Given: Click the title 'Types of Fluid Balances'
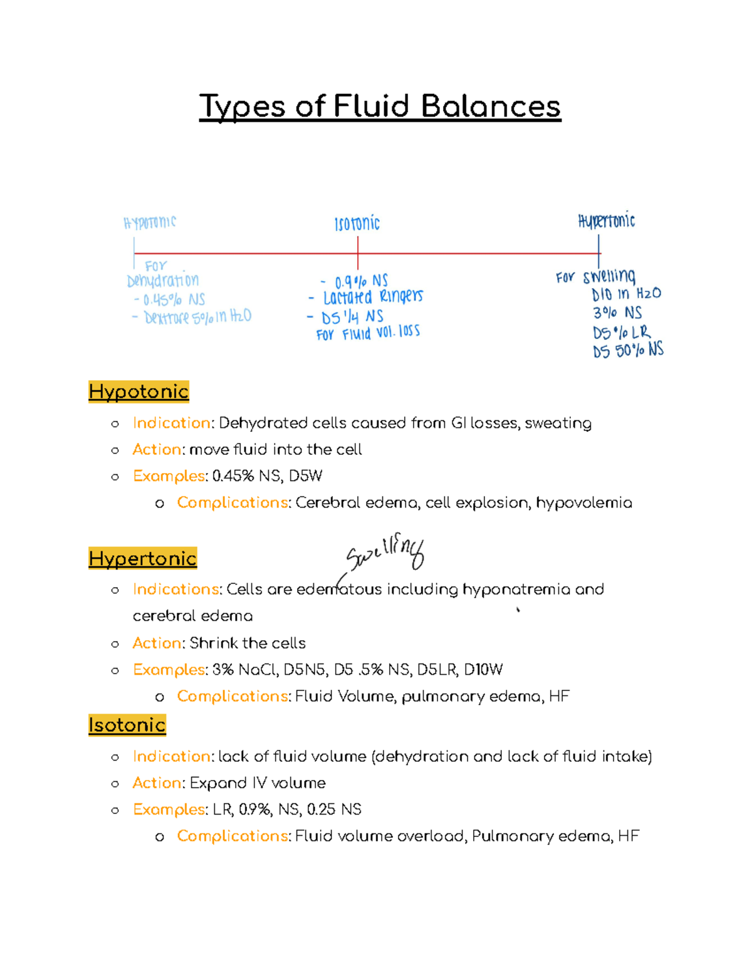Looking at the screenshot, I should pyautogui.click(x=380, y=107).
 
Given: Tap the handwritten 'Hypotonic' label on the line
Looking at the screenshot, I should pyautogui.click(x=150, y=222).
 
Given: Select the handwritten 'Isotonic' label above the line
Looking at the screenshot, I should pyautogui.click(x=357, y=224).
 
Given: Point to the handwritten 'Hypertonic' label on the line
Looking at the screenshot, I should pyautogui.click(x=606, y=221).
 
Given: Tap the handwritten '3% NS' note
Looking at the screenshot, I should pyautogui.click(x=617, y=313).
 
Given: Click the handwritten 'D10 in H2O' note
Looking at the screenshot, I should pyautogui.click(x=626, y=294).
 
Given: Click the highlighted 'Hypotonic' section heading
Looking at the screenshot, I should pyautogui.click(x=138, y=392).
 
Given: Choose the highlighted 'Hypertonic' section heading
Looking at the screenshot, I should pyautogui.click(x=143, y=558).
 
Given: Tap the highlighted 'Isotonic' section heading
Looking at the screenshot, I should pyautogui.click(x=127, y=725).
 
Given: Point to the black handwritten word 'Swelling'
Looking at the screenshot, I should pyautogui.click(x=385, y=553).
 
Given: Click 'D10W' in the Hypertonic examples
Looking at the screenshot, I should pyautogui.click(x=483, y=670).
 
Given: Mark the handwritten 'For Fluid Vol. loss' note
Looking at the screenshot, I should pyautogui.click(x=368, y=333).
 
